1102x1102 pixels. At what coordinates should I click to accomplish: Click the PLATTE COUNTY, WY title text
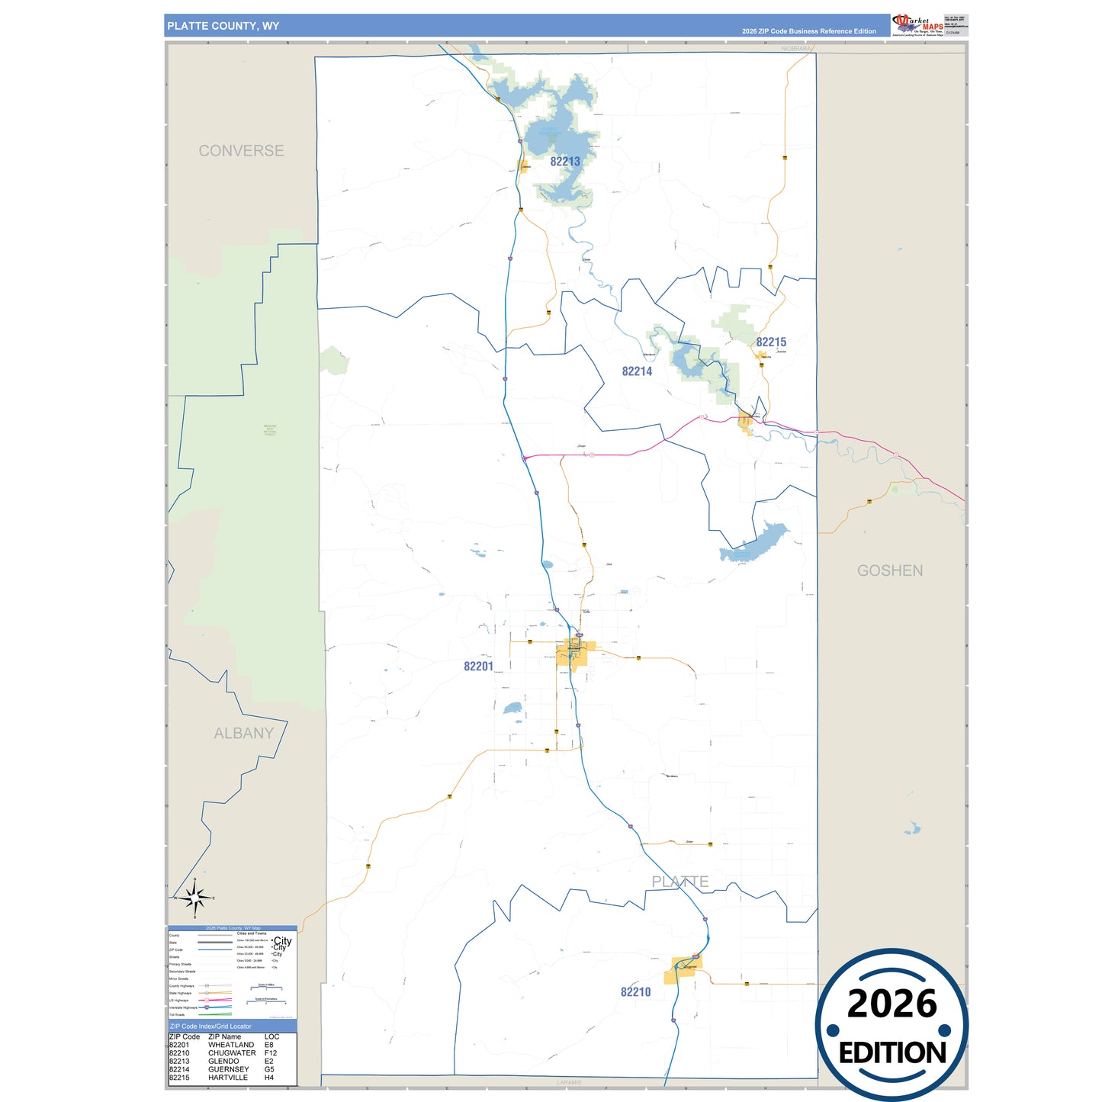click(x=223, y=26)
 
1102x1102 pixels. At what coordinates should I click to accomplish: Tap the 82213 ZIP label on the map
click(x=565, y=162)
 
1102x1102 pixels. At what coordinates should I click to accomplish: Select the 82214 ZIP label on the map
click(x=637, y=371)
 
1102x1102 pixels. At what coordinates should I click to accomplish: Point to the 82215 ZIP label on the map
click(x=771, y=342)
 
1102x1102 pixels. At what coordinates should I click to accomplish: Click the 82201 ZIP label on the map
click(x=478, y=667)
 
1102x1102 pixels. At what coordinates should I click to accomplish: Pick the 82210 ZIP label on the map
click(x=635, y=992)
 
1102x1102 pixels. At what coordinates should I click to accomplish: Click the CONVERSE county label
click(x=241, y=151)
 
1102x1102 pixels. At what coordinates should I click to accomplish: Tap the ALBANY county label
click(x=243, y=734)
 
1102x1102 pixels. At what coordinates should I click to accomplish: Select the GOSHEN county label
click(x=889, y=570)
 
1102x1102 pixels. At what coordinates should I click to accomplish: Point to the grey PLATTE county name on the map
click(x=680, y=882)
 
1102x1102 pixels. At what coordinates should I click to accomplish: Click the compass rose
click(x=195, y=898)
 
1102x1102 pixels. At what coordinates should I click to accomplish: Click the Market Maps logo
click(x=917, y=24)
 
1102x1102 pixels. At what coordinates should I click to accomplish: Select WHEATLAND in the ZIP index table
click(x=231, y=1045)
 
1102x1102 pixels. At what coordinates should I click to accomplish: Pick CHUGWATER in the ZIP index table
click(x=232, y=1053)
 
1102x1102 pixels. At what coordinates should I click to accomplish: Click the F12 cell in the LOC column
click(x=271, y=1053)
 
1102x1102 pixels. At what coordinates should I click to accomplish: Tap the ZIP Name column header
click(x=224, y=1036)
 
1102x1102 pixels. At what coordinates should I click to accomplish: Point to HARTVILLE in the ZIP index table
click(x=228, y=1078)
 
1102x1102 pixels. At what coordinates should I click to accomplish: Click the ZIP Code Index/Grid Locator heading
click(x=210, y=1026)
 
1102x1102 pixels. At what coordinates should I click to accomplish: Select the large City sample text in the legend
click(x=282, y=941)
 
